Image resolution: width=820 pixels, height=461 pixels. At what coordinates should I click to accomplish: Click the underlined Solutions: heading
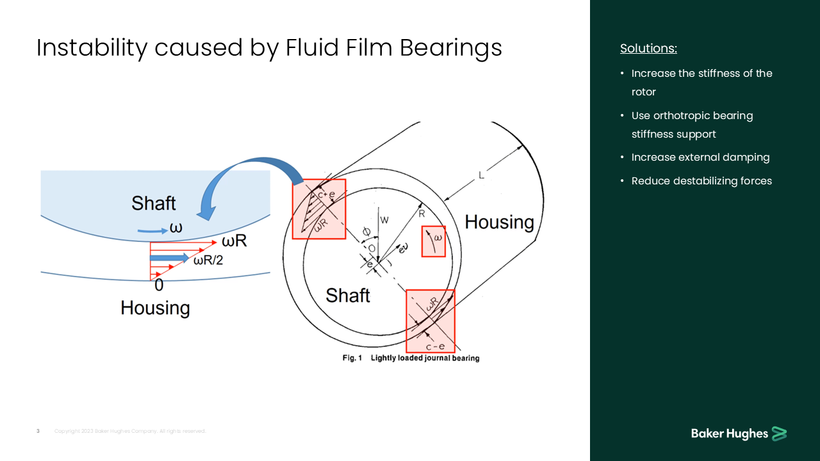(648, 49)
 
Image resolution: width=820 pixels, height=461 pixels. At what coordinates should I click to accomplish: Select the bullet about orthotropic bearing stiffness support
(692, 125)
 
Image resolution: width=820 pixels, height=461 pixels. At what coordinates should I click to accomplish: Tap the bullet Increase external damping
(700, 158)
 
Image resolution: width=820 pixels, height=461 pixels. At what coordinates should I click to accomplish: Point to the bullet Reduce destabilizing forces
(701, 181)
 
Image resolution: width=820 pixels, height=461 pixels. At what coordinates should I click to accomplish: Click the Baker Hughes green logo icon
(779, 433)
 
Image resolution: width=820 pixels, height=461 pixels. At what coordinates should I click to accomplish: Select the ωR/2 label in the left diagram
(208, 260)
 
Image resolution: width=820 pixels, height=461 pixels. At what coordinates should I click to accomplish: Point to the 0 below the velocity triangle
(158, 286)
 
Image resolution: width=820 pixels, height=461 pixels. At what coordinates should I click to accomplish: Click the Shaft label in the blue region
(153, 204)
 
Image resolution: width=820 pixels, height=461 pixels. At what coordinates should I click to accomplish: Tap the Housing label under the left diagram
(155, 308)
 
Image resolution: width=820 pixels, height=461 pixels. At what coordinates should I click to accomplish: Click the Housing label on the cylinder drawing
(499, 222)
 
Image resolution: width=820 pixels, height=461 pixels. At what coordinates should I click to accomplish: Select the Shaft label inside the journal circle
(348, 295)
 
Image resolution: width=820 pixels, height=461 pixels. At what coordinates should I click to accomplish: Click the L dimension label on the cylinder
(481, 175)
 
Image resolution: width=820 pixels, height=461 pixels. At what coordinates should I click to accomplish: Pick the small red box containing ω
(433, 241)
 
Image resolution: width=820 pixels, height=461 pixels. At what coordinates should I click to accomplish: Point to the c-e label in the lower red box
(436, 346)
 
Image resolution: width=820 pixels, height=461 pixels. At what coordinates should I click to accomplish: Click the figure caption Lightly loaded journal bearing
(425, 358)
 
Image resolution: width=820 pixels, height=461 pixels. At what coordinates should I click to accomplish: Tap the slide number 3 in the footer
(38, 432)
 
